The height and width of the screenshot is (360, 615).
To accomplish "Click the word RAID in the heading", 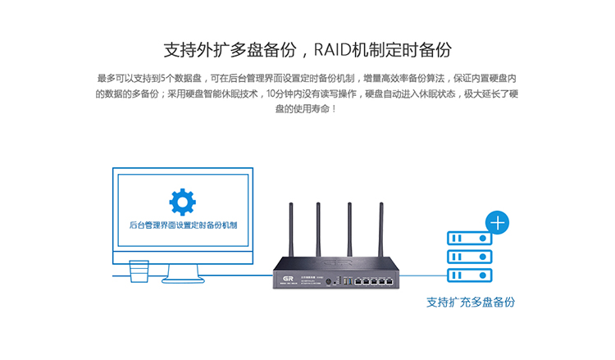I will point(332,48).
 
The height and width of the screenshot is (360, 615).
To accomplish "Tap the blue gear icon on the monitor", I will point(182,202).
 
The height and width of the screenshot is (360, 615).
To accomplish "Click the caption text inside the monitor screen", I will point(183,224).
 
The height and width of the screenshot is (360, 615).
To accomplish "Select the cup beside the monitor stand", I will point(139,271).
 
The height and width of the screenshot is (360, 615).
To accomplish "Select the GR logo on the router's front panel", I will point(287,279).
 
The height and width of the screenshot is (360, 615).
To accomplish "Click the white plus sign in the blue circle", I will point(498,221).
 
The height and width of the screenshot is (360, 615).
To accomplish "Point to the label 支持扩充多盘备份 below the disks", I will point(471,302).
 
